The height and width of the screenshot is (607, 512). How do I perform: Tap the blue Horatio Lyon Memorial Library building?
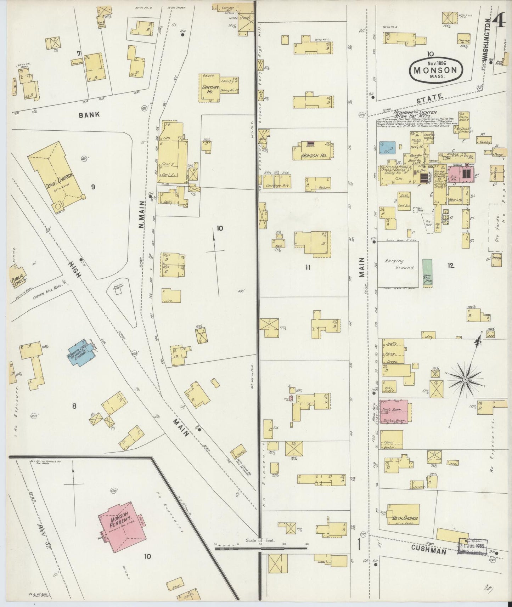coord(83,354)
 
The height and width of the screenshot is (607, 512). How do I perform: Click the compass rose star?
coord(465,380)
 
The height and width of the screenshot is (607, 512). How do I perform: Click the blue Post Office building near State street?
coord(387,148)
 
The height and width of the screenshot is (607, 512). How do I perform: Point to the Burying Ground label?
coord(399,264)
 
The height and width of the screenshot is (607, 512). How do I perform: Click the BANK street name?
coord(89,115)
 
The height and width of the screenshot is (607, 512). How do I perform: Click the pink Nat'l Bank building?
coord(394,411)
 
